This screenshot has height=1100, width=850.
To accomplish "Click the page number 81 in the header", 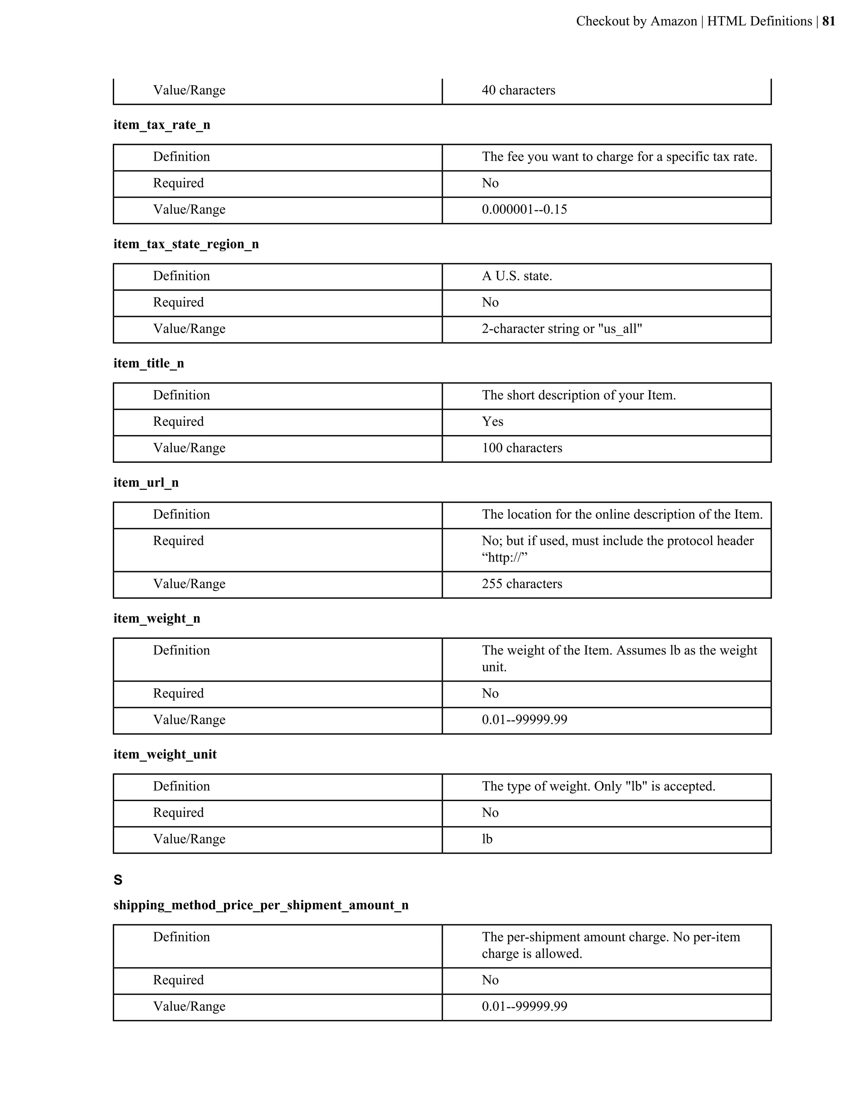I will (x=828, y=21).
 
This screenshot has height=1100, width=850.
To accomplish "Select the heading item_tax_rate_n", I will (x=161, y=125).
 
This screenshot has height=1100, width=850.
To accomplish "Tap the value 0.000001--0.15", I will (x=524, y=210).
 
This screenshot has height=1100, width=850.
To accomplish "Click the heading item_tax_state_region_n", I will (x=186, y=244).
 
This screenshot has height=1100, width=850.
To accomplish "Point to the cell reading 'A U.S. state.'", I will (x=517, y=276).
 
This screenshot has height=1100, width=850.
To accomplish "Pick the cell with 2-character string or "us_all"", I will (x=562, y=329).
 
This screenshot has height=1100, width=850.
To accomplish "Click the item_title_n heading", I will (x=149, y=364).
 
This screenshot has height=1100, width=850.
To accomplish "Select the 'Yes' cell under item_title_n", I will (x=493, y=422).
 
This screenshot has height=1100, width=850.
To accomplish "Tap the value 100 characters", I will (x=522, y=448).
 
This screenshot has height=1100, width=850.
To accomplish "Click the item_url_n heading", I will (x=146, y=483).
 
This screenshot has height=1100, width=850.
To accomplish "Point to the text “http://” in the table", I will (x=504, y=557).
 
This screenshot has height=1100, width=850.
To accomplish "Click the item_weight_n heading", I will (x=156, y=618).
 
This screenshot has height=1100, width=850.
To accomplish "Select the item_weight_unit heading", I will (x=165, y=755).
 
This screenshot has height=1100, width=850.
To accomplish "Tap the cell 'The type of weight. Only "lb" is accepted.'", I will (x=598, y=787).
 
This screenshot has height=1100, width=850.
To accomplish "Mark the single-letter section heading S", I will (x=118, y=880).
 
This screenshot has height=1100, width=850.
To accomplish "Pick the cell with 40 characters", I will (x=518, y=90).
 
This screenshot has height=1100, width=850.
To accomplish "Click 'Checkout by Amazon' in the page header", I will (x=636, y=21).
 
